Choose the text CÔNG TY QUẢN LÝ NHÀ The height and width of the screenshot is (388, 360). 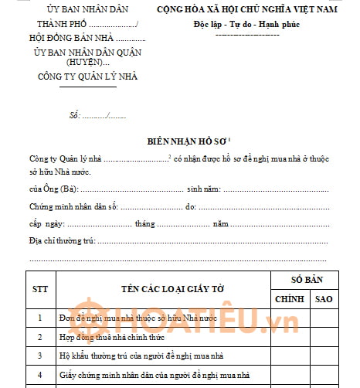pos(77,77)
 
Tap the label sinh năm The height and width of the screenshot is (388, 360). pos(205,189)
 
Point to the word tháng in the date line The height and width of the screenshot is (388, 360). pos(145,224)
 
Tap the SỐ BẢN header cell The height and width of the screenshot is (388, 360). pos(306,279)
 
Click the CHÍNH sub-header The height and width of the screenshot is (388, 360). pos(289,298)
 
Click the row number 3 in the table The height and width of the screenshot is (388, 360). pos(40,356)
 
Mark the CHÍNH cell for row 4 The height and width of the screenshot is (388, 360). pos(289,375)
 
